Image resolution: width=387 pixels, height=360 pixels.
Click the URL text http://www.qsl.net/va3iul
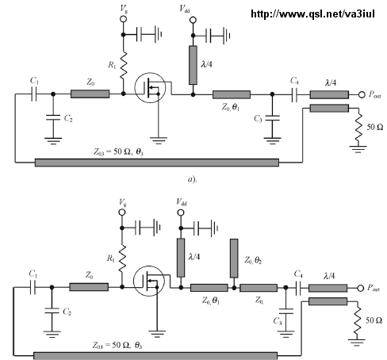point(312,13)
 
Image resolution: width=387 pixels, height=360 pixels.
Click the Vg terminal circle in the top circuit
point(123,19)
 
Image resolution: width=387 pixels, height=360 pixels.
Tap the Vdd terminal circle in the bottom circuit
point(181,213)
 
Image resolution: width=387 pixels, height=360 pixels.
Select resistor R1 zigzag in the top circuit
point(123,65)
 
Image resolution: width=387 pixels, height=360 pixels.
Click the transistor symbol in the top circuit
point(150,88)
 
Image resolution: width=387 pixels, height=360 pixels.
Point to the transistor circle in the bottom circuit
point(149,281)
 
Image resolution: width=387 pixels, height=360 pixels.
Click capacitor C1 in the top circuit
point(33,94)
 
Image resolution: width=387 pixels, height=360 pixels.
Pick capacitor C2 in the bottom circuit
point(52,311)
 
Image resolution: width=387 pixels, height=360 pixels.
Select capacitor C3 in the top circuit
point(272,118)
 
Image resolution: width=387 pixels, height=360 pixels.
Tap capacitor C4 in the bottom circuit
point(297,288)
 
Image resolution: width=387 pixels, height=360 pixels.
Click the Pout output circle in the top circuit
point(362,94)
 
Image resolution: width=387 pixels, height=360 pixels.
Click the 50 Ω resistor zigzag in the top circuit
point(358,127)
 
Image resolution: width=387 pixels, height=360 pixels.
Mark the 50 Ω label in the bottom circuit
point(374,320)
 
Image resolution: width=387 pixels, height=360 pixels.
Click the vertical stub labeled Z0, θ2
point(234,259)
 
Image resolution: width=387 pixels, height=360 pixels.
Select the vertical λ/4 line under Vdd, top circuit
point(193,65)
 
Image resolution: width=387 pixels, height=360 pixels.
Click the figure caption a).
point(192,179)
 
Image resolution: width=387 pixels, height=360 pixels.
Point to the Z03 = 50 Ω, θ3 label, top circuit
point(119,151)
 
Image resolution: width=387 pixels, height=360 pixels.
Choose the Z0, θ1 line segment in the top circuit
point(232,94)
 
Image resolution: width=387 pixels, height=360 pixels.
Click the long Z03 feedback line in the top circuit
point(157,163)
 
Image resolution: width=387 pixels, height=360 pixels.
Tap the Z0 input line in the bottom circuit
point(89,287)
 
